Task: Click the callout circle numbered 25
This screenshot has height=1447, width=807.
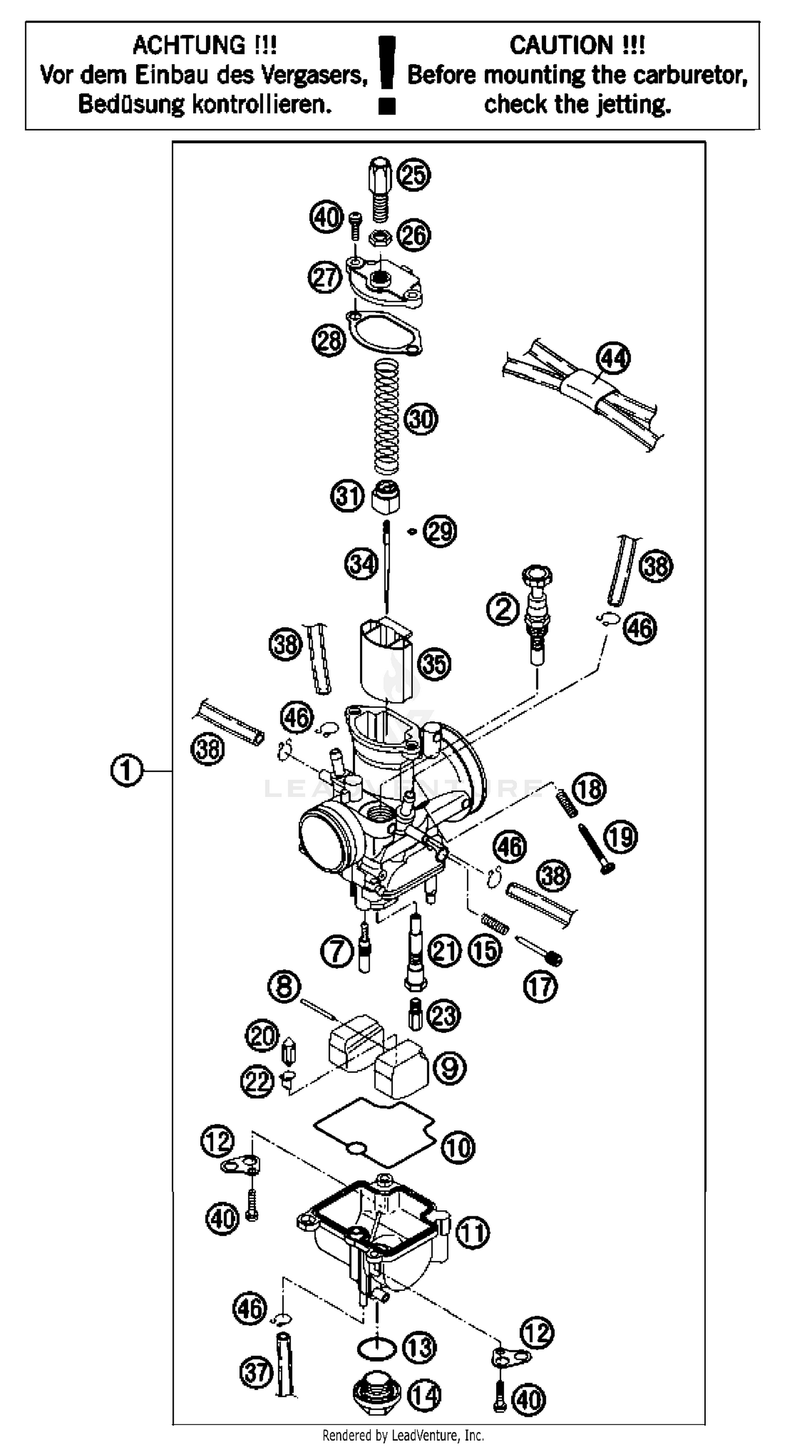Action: point(414,175)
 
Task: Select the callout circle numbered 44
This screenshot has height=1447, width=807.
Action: point(613,358)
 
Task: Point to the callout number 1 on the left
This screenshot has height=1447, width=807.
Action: point(126,771)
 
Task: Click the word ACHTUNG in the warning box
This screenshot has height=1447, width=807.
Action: point(189,45)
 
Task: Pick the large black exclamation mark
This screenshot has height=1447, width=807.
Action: point(387,73)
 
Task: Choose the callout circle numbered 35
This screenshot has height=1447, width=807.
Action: point(434,664)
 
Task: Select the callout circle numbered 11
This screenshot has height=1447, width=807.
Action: point(472,1233)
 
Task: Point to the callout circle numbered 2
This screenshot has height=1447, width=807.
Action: point(502,609)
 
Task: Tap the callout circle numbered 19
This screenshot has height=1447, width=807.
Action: point(620,838)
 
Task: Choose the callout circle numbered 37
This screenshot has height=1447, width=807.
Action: point(256,1372)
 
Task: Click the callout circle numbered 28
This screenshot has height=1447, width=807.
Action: point(329,340)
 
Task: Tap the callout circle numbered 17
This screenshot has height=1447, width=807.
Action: point(541,986)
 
